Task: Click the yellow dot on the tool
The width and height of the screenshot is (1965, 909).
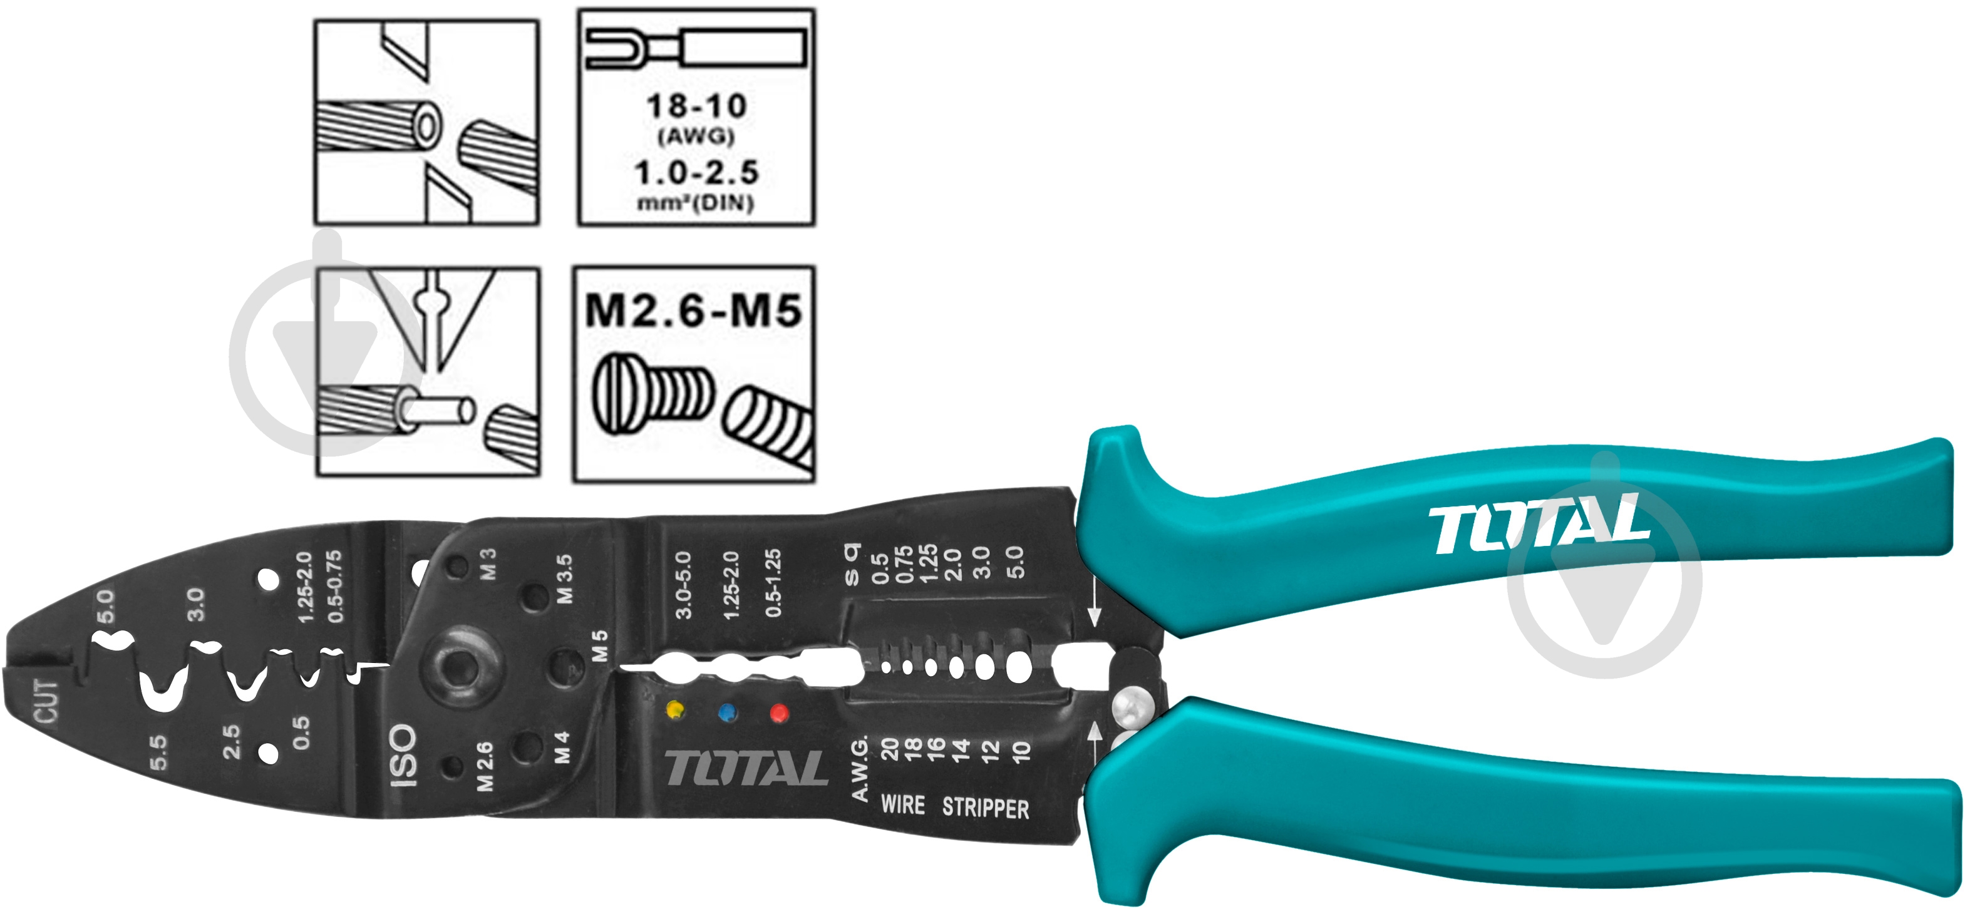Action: click(675, 710)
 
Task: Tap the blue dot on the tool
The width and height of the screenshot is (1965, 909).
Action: click(728, 712)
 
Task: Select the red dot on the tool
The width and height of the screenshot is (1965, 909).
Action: click(779, 713)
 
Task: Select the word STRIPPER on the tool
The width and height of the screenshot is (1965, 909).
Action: click(986, 808)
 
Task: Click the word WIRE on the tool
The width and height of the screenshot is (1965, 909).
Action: click(902, 804)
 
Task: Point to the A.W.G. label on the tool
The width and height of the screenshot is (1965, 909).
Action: click(860, 768)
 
